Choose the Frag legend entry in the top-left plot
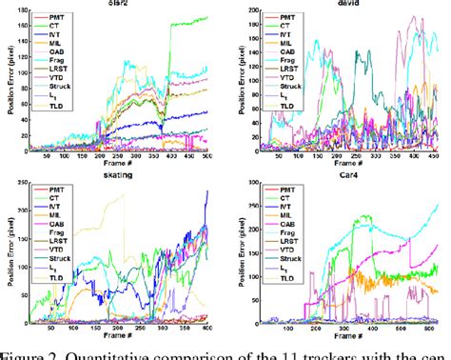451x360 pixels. click(x=63, y=55)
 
